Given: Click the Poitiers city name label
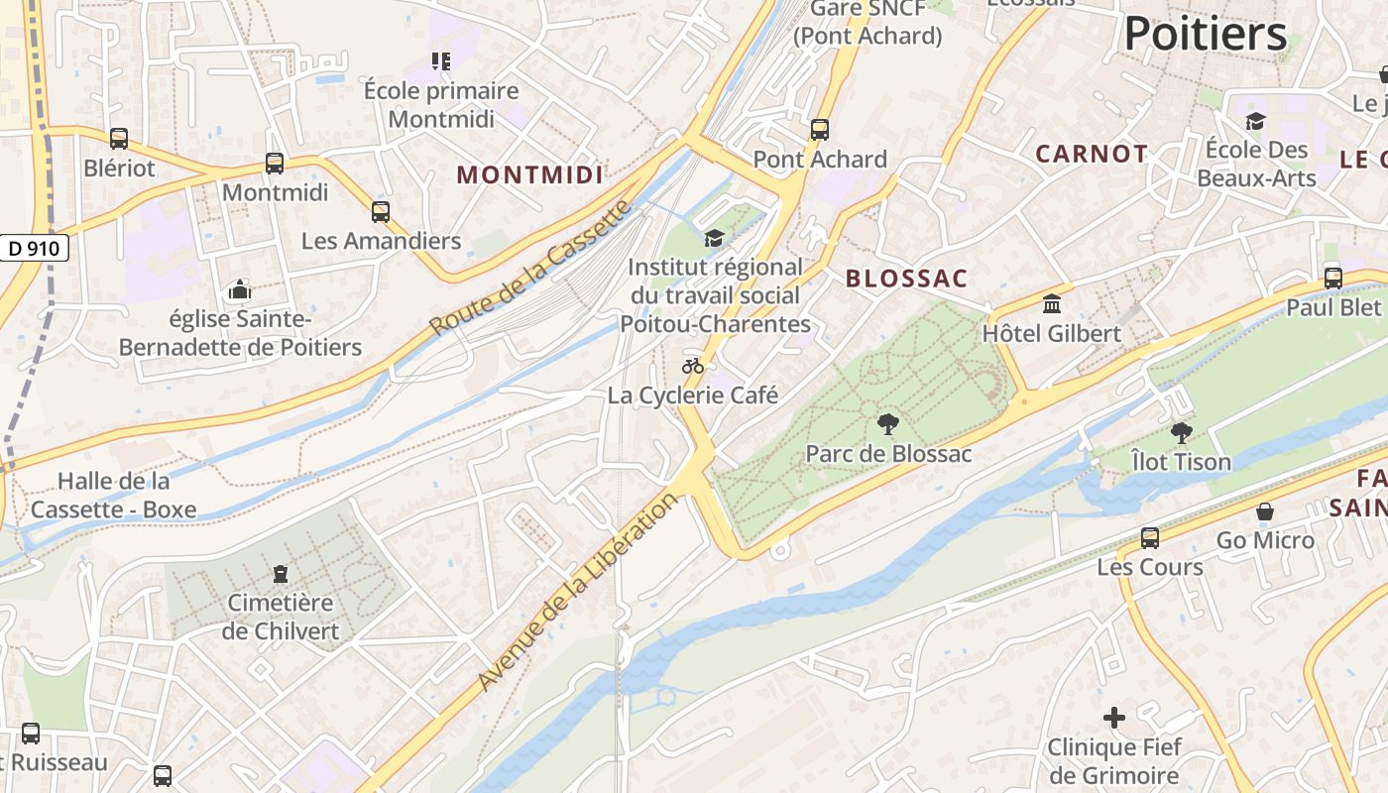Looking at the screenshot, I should pyautogui.click(x=1206, y=35).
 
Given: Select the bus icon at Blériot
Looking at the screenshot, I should pyautogui.click(x=119, y=139).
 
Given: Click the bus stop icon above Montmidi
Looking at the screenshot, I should pyautogui.click(x=275, y=164).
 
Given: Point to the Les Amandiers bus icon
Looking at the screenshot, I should pyautogui.click(x=381, y=212).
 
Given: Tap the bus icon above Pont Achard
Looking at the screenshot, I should pyautogui.click(x=820, y=130).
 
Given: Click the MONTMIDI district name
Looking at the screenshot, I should pyautogui.click(x=529, y=175).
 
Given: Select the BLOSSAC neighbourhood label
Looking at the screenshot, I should pyautogui.click(x=906, y=279).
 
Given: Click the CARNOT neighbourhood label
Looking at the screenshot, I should pyautogui.click(x=1092, y=154).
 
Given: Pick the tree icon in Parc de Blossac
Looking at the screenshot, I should pyautogui.click(x=888, y=424).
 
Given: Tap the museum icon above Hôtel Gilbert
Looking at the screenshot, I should pyautogui.click(x=1052, y=303).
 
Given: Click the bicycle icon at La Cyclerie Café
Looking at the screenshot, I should pyautogui.click(x=693, y=366).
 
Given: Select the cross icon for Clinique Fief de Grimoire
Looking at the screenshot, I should pyautogui.click(x=1114, y=717).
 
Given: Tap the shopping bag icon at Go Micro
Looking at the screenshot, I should pyautogui.click(x=1265, y=511).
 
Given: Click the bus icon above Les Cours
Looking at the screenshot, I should pyautogui.click(x=1150, y=538).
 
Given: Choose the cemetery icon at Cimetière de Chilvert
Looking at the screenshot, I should pyautogui.click(x=281, y=574).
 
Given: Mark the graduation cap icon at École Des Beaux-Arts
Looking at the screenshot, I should pyautogui.click(x=1256, y=121).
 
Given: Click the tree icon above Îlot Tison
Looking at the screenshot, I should pyautogui.click(x=1181, y=432).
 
